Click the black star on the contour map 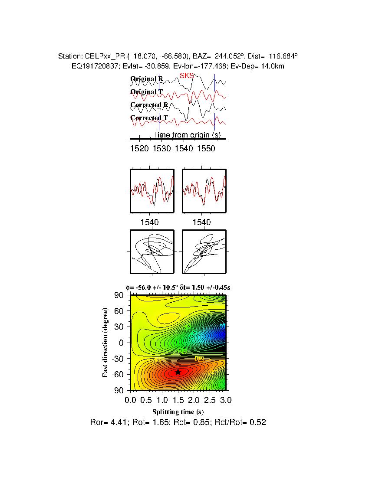tap(178, 372)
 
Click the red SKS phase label tap(187, 76)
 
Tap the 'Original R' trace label tap(147, 79)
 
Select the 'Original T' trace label tap(147, 92)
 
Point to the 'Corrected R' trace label tap(149, 105)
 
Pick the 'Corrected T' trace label tap(149, 118)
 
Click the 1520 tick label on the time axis tap(139, 149)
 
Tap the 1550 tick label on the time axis tap(206, 149)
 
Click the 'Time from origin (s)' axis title tap(187, 135)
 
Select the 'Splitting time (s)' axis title tap(178, 412)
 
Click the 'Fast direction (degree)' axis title tap(105, 343)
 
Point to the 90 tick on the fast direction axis tap(120, 295)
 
